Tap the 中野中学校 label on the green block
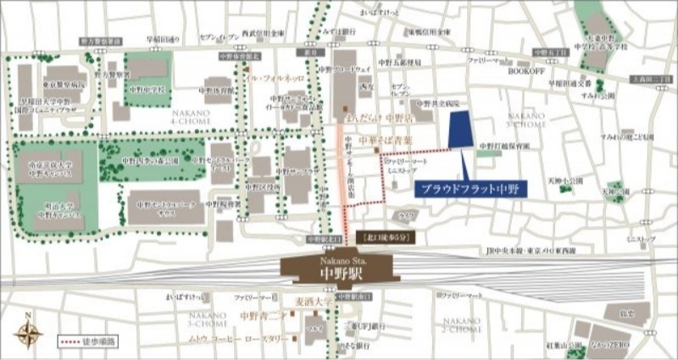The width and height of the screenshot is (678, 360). (x=147, y=87)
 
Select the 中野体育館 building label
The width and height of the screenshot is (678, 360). (x=222, y=87)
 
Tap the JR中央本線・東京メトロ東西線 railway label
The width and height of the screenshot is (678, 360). (x=525, y=252)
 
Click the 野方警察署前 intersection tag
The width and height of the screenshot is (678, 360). (x=101, y=41)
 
